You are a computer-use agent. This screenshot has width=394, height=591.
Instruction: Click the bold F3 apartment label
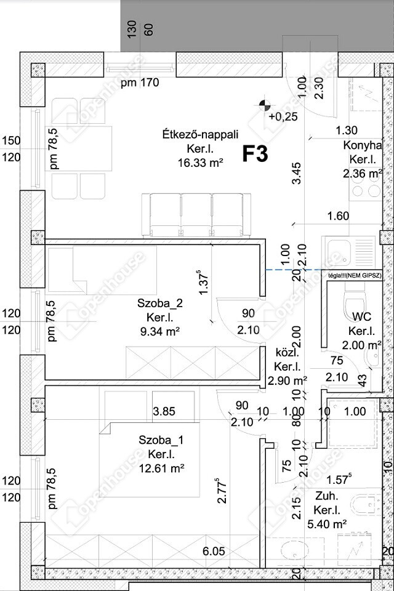point(254,154)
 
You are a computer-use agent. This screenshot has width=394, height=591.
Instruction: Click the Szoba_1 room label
point(161,440)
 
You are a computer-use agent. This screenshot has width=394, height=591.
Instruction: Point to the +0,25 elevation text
point(283,116)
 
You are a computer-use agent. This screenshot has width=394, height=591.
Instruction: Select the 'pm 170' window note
point(140,82)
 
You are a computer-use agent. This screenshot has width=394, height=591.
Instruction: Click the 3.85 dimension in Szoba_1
point(165,412)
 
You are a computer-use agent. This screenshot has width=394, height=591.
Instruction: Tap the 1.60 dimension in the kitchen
point(339,215)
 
